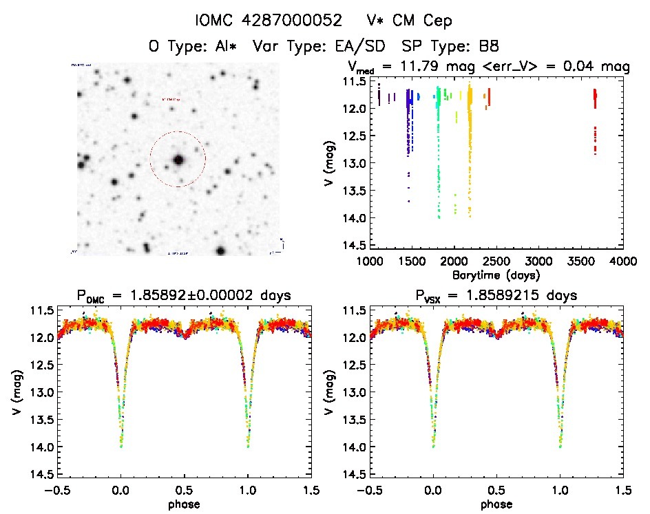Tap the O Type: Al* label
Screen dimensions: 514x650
[x=196, y=47]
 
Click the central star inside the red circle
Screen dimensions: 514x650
[x=178, y=160]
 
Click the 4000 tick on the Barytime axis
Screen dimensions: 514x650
[x=622, y=261]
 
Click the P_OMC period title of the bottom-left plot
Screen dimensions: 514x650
[x=185, y=296]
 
